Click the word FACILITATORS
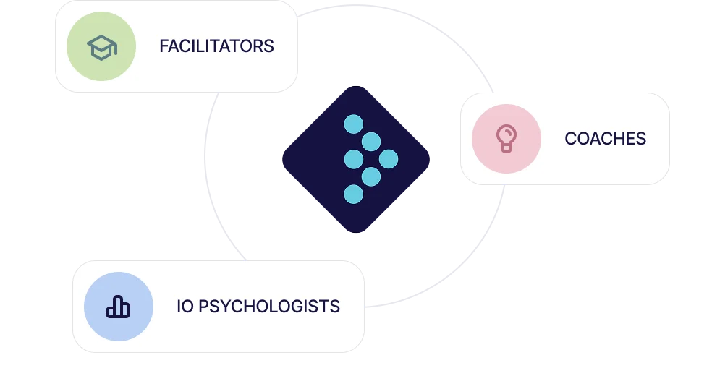coord(216,46)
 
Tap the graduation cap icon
coord(101,47)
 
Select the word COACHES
coord(605,138)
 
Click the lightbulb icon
coord(506,138)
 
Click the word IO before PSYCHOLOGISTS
coord(185,307)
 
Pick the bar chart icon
coord(118,307)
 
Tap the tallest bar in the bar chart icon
coord(118,305)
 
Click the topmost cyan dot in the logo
coord(353,124)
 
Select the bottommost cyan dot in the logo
coord(353,194)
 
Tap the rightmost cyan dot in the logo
coord(389,159)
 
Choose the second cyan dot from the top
coord(371,142)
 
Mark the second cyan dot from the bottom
coord(371,176)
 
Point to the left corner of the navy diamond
coord(283,159)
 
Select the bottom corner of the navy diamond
coord(355,231)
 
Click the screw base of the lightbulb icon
coord(506,148)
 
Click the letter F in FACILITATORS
coord(163,46)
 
